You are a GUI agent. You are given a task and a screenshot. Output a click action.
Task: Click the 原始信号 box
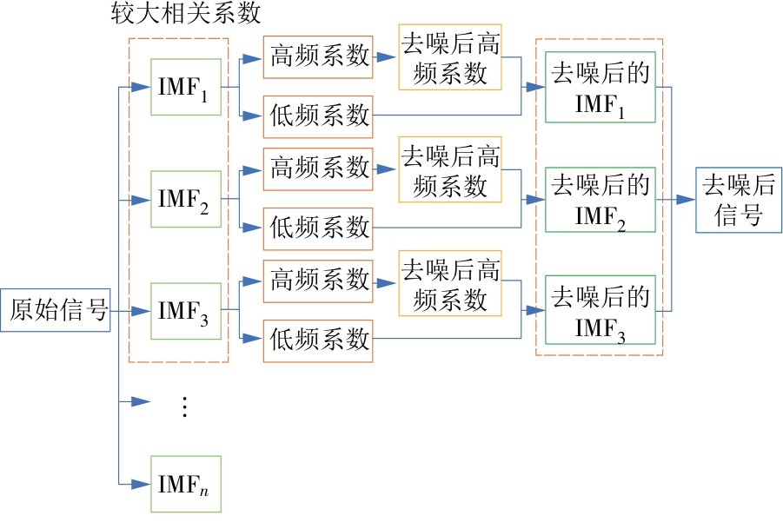[58, 311]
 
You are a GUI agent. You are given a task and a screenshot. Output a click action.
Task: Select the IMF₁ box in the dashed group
[185, 87]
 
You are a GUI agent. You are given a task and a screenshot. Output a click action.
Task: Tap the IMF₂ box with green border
[185, 199]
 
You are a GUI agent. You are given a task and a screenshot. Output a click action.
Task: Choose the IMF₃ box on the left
[185, 311]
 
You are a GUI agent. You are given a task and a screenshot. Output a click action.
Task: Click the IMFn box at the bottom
[185, 483]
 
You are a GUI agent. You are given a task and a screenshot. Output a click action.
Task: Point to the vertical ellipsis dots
[184, 406]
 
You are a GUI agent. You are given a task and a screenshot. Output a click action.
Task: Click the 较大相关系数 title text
[186, 15]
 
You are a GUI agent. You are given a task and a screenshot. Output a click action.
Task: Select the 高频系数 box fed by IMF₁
[317, 56]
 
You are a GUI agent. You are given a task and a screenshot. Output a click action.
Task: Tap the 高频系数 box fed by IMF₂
[317, 168]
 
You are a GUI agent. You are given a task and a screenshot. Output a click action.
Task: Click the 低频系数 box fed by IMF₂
[317, 228]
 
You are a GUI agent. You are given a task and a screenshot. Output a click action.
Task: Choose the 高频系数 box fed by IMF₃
[317, 281]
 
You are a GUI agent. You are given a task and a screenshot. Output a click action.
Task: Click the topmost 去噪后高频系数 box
[450, 57]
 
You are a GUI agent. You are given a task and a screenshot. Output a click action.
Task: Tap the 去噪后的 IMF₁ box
[601, 87]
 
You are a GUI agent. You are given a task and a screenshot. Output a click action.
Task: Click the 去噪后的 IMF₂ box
[601, 199]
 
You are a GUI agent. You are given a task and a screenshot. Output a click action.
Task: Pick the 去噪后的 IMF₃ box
[601, 311]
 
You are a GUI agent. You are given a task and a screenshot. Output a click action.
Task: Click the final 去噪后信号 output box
[738, 200]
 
